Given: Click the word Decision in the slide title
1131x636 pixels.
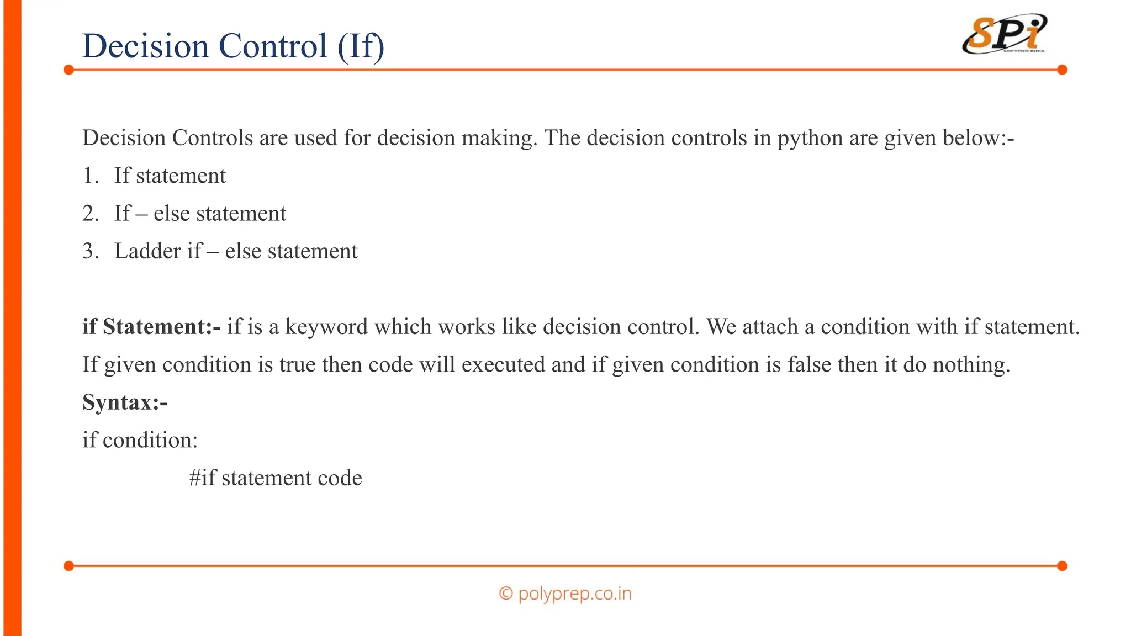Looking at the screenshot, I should pyautogui.click(x=145, y=46).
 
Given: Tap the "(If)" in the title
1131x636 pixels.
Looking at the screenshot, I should pyautogui.click(x=361, y=46).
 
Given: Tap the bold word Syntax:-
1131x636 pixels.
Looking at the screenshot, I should pyautogui.click(x=125, y=402).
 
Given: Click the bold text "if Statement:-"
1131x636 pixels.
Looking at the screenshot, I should pyautogui.click(x=151, y=327).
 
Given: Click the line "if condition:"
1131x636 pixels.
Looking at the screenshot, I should pyautogui.click(x=140, y=440).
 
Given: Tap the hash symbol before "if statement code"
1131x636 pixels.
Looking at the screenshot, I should pyautogui.click(x=194, y=478).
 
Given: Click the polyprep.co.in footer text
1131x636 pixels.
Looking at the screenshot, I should pyautogui.click(x=574, y=593).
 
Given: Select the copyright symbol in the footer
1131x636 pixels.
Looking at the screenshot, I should pyautogui.click(x=505, y=593).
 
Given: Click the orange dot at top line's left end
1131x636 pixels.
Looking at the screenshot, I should pyautogui.click(x=69, y=70).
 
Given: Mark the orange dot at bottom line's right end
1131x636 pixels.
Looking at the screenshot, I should pyautogui.click(x=1062, y=566).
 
